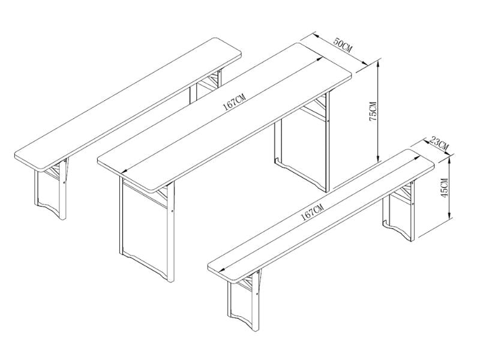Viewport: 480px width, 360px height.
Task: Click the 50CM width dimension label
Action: [x=343, y=44]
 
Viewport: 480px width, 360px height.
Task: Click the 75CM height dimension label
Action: [x=373, y=111]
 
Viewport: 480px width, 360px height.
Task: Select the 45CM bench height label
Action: [x=445, y=188]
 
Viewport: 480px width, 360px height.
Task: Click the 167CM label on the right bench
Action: [x=312, y=212]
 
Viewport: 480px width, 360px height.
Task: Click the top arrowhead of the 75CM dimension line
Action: [x=379, y=64]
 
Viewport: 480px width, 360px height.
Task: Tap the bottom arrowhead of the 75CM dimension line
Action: [x=379, y=158]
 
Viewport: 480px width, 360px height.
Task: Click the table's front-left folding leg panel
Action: [x=145, y=227]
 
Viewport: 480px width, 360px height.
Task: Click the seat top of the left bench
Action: [x=128, y=104]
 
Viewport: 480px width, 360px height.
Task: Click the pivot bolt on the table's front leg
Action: [x=172, y=211]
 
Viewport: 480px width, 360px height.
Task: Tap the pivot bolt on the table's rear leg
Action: [x=328, y=121]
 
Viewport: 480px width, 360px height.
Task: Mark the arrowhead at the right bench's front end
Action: [x=223, y=269]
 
